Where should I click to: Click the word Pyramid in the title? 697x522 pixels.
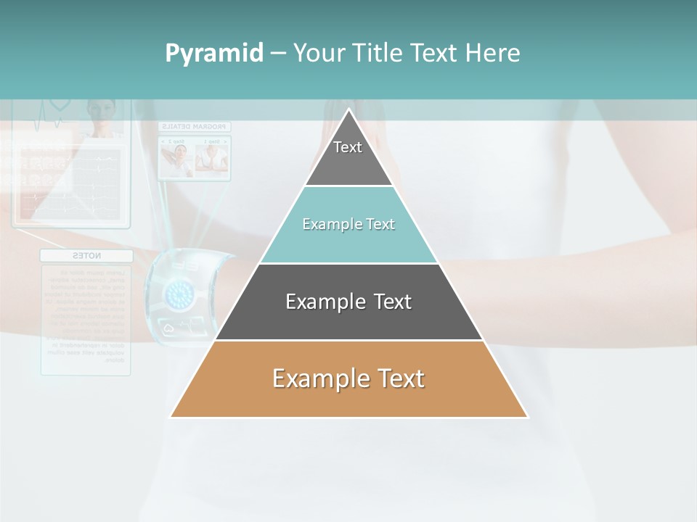[x=213, y=54]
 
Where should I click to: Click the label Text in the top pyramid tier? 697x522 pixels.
[x=348, y=147]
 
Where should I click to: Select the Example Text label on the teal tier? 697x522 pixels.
[x=348, y=224]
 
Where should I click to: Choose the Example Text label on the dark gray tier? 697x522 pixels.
[x=348, y=302]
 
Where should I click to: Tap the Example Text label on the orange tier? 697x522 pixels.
[x=348, y=378]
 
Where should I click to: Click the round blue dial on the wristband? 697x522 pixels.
[x=178, y=293]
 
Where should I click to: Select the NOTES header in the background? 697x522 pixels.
[x=86, y=256]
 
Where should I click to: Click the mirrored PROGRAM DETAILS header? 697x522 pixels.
[x=194, y=126]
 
